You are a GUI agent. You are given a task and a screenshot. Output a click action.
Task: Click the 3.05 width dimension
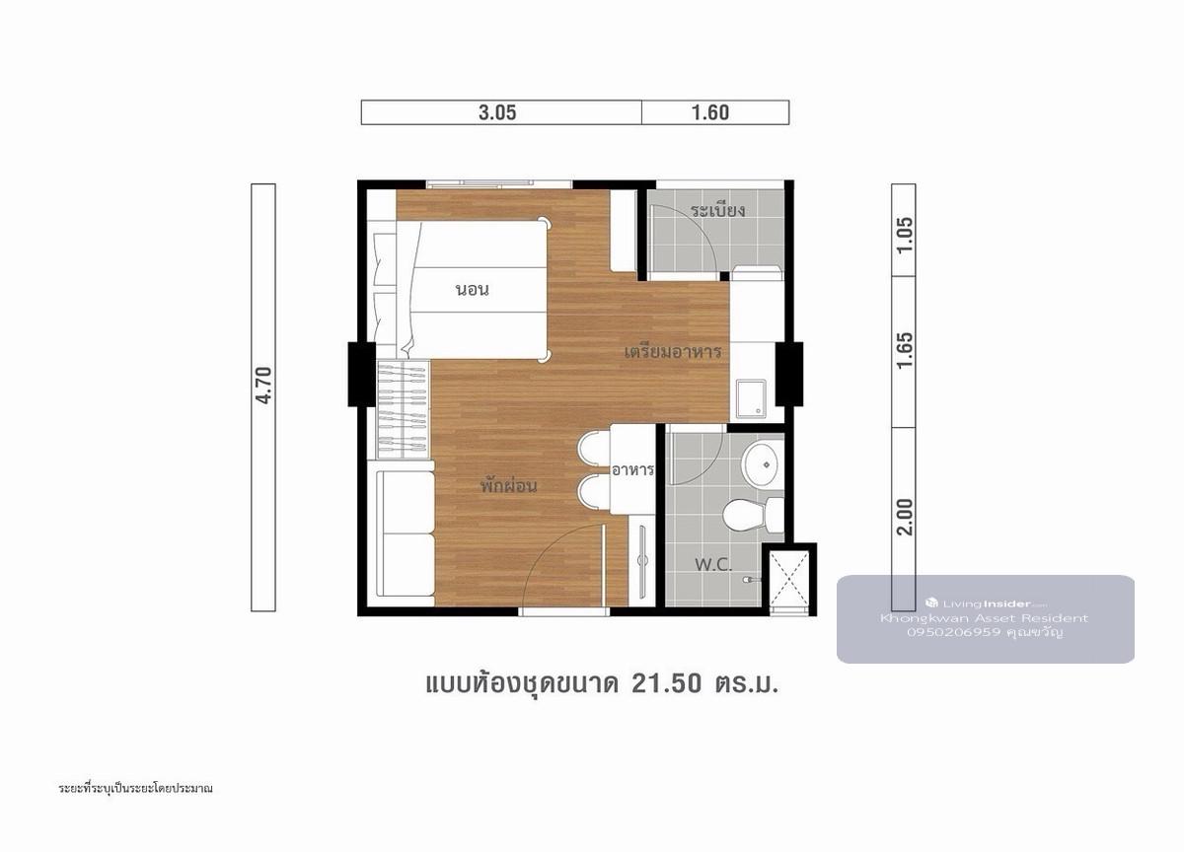tap(497, 112)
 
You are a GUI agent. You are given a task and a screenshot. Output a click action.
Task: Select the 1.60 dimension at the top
tap(710, 112)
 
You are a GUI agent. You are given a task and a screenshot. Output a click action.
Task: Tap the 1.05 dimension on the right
tap(905, 235)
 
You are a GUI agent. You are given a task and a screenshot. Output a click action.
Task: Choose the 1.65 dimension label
tap(905, 350)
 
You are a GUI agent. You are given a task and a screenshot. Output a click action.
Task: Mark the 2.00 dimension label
tap(905, 517)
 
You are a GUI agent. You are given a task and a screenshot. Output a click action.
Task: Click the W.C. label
tap(713, 565)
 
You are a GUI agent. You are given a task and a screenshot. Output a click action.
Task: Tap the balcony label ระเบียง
tap(718, 210)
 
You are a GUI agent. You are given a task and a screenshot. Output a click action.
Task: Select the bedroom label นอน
tap(472, 290)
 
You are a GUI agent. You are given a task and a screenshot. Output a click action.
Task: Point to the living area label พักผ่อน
tap(508, 486)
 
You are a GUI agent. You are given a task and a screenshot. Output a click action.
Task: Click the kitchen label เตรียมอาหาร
tap(672, 351)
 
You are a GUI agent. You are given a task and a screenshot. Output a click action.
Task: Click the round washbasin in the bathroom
tap(762, 464)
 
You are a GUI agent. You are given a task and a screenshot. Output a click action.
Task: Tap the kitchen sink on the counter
tap(751, 397)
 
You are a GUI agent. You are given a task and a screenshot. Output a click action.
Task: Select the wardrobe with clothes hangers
tap(403, 409)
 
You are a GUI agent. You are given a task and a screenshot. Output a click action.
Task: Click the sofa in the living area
tap(406, 533)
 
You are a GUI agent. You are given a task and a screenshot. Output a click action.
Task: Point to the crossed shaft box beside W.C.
tap(788, 581)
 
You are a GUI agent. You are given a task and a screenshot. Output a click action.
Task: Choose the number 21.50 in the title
tap(667, 684)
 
